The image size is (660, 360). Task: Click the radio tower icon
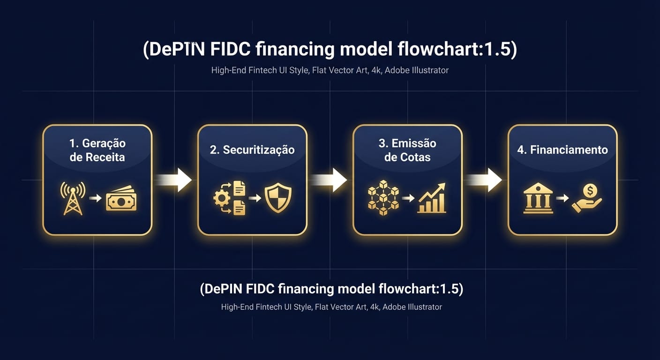[73, 198]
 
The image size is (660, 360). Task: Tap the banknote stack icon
[121, 199]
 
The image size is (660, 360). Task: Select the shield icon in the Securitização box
[278, 198]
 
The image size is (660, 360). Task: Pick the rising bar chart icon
[432, 198]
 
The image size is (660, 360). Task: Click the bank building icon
[538, 198]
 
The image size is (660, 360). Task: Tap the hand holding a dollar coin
[586, 198]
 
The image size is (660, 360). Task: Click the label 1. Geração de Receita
[97, 150]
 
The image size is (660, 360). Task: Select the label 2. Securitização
[252, 150]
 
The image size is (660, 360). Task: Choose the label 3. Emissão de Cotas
[407, 150]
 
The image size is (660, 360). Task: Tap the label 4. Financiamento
[562, 150]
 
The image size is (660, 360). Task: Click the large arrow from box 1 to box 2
[174, 180]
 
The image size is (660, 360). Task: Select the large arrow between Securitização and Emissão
[330, 180]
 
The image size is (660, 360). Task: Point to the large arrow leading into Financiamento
[485, 180]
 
